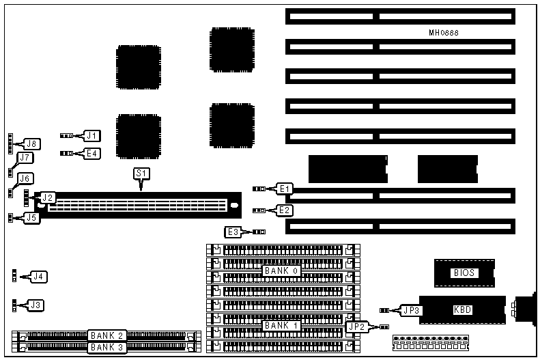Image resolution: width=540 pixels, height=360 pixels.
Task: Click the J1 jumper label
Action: click(92, 135)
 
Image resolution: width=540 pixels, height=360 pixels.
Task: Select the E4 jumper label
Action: click(92, 153)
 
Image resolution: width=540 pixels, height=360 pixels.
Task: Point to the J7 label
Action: click(25, 158)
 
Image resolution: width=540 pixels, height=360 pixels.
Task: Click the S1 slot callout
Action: click(141, 174)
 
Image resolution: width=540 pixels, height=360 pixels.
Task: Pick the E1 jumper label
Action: click(285, 189)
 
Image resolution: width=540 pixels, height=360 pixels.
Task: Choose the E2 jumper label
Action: click(285, 210)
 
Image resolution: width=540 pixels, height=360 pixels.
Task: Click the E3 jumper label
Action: click(233, 232)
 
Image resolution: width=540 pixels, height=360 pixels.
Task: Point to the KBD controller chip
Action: click(462, 309)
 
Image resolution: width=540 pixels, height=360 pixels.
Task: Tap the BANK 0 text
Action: click(282, 271)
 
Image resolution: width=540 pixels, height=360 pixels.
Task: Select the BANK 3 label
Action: click(106, 347)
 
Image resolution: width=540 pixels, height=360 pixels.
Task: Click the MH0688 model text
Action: click(444, 33)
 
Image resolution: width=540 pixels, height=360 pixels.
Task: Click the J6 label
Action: click(25, 178)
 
